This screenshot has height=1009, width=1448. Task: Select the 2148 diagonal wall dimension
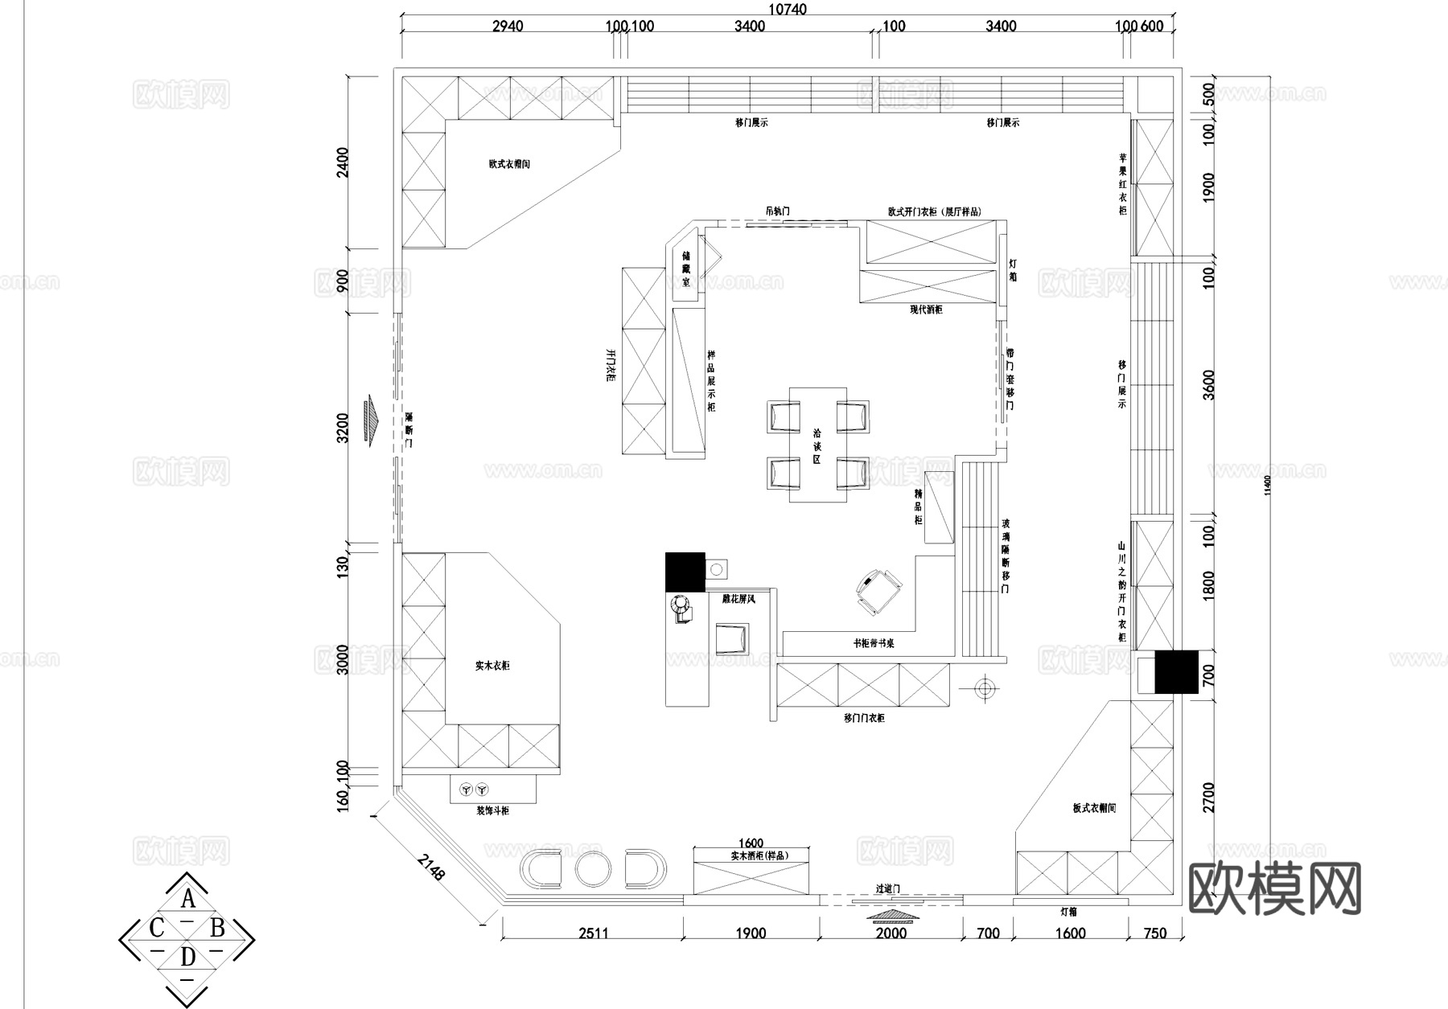point(430,868)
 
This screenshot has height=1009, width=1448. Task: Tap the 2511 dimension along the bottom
point(593,933)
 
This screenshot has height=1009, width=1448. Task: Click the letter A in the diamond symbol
point(187,898)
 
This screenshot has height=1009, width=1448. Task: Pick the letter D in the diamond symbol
point(187,957)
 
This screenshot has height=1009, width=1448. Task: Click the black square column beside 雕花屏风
point(685,572)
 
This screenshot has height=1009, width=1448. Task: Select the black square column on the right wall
point(1175,671)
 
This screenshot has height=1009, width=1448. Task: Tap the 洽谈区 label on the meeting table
point(817,445)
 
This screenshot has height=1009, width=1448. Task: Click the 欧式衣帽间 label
point(508,164)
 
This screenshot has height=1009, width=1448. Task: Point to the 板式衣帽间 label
point(1094,808)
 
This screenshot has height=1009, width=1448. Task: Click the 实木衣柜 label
point(492,666)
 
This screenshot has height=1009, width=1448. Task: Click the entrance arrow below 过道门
point(891,916)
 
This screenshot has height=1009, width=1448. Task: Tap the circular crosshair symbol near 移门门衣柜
point(983,688)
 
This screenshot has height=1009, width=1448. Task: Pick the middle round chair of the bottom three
point(594,868)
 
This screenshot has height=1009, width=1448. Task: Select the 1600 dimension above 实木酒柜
point(750,843)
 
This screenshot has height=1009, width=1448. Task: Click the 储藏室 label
point(685,269)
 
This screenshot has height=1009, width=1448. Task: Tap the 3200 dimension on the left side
point(343,428)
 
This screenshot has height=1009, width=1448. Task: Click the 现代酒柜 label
point(926,310)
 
